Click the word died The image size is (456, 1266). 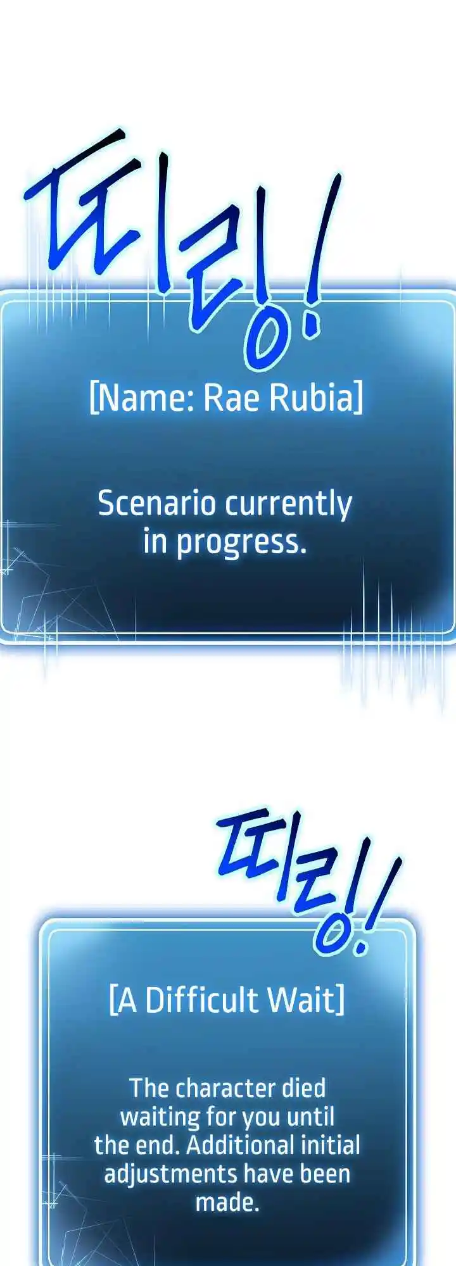click(x=304, y=1088)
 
